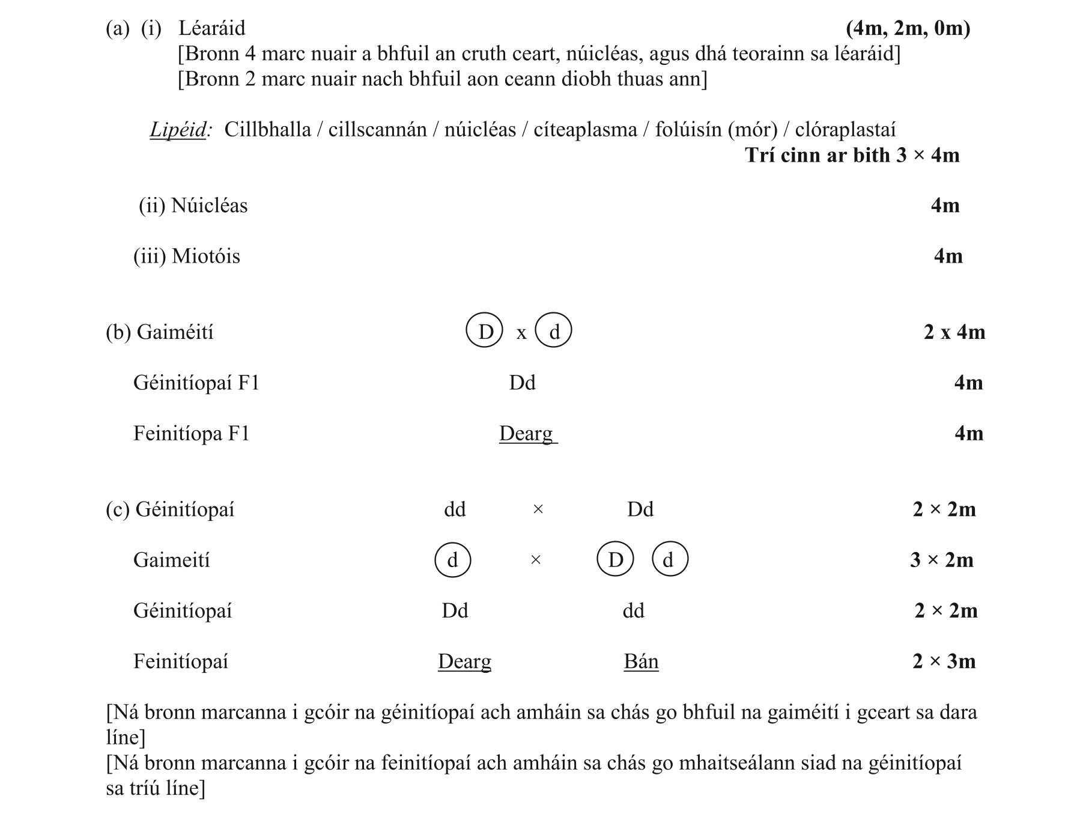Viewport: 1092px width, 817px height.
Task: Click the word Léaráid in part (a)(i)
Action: [211, 28]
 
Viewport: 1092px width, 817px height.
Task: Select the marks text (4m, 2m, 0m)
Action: [908, 28]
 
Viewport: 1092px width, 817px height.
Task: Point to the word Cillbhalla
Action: [267, 130]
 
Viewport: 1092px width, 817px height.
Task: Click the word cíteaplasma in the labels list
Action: [585, 130]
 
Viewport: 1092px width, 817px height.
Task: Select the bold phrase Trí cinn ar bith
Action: [817, 156]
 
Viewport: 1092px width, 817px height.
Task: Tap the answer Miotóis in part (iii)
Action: [205, 257]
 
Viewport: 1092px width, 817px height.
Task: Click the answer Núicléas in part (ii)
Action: [209, 206]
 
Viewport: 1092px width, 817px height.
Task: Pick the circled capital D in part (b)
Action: [485, 332]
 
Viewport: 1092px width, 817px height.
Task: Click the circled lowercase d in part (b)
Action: [554, 332]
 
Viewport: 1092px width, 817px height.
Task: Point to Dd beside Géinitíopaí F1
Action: [522, 383]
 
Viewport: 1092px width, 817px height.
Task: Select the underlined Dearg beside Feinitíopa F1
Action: [526, 434]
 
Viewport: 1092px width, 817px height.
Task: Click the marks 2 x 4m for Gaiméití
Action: [954, 332]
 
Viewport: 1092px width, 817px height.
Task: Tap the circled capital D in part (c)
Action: [615, 560]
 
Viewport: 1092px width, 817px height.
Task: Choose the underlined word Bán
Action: [641, 661]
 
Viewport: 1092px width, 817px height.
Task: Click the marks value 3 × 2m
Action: [941, 560]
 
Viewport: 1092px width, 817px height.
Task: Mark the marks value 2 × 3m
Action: [944, 661]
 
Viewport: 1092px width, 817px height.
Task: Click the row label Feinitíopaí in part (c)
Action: [181, 661]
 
